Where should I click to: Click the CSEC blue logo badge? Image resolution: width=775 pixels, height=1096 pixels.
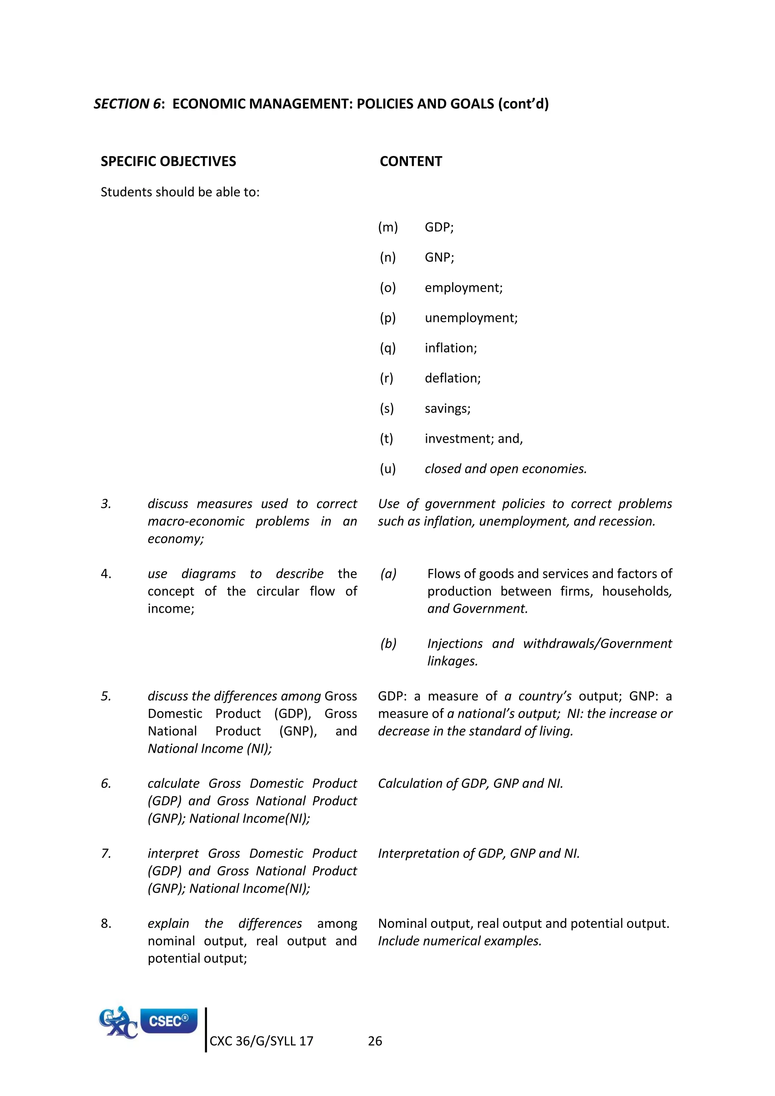[x=169, y=1021]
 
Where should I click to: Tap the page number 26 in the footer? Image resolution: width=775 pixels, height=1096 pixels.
[x=375, y=1041]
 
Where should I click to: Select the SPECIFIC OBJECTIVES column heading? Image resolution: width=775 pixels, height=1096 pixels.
[x=168, y=161]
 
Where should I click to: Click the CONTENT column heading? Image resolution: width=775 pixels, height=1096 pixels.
[x=411, y=161]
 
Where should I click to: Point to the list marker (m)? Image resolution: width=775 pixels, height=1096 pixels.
[x=388, y=227]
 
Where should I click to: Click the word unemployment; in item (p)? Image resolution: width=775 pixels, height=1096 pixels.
[x=471, y=318]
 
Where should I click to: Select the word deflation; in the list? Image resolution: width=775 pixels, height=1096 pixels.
[x=453, y=378]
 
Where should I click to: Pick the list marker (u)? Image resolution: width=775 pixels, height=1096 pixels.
[x=388, y=469]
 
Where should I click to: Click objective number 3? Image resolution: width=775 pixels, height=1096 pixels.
[x=106, y=504]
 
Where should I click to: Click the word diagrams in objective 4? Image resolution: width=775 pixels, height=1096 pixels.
[x=209, y=574]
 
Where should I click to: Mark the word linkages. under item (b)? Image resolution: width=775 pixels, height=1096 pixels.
[x=453, y=661]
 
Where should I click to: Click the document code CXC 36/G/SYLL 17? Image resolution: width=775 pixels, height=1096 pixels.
[x=261, y=1041]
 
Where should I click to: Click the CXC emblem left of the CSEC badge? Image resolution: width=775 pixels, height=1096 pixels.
[x=117, y=1023]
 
